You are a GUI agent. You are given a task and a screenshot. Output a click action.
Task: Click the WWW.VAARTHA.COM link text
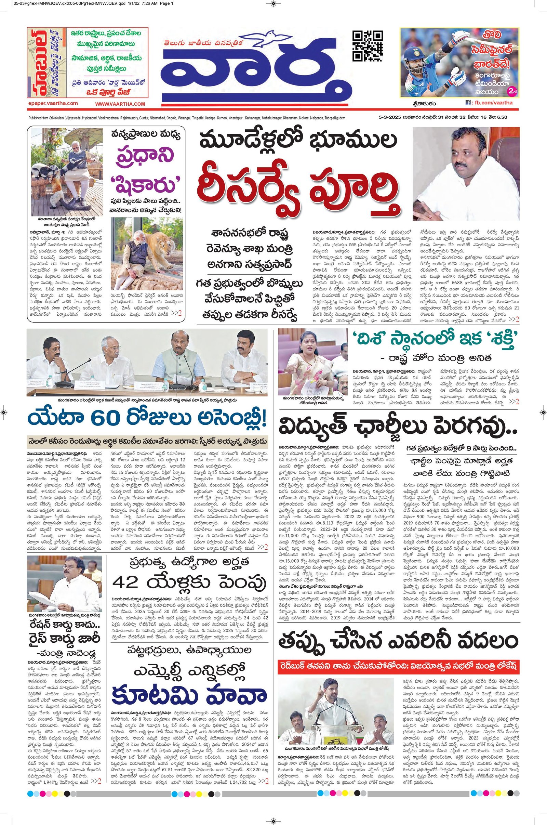click(120, 104)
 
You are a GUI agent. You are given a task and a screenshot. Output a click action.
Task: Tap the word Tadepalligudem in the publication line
click(334, 118)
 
